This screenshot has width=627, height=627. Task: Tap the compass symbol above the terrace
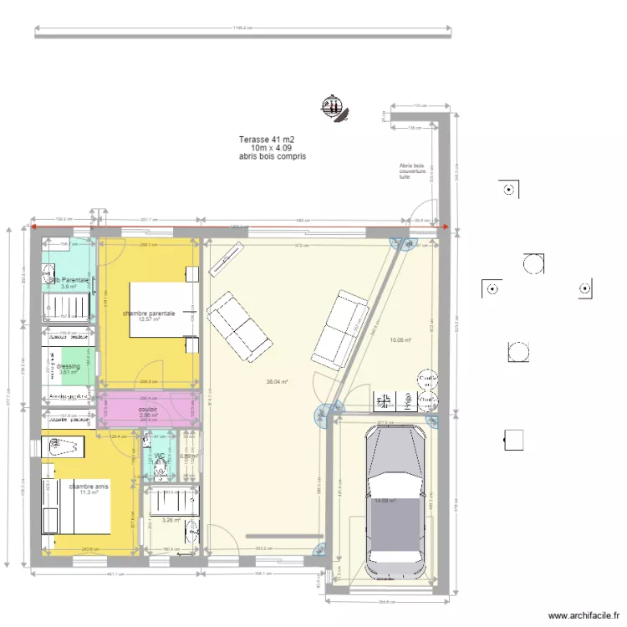pyautogui.click(x=334, y=107)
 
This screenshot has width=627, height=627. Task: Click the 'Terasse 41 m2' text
pyautogui.click(x=267, y=140)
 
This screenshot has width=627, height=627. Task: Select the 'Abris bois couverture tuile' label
pyautogui.click(x=412, y=171)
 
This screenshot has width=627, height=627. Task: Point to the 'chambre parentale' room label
pyautogui.click(x=149, y=313)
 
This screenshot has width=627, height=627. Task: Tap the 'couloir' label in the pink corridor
pyautogui.click(x=148, y=410)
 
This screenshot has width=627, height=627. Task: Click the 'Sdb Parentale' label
pyautogui.click(x=69, y=280)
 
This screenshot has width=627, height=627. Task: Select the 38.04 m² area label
pyautogui.click(x=277, y=382)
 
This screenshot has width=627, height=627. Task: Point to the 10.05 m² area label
pyautogui.click(x=400, y=340)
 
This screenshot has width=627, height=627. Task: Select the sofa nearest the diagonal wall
pyautogui.click(x=339, y=329)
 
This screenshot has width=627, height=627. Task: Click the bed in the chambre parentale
pyautogui.click(x=163, y=309)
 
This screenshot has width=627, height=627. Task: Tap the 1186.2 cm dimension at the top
pyautogui.click(x=242, y=28)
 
